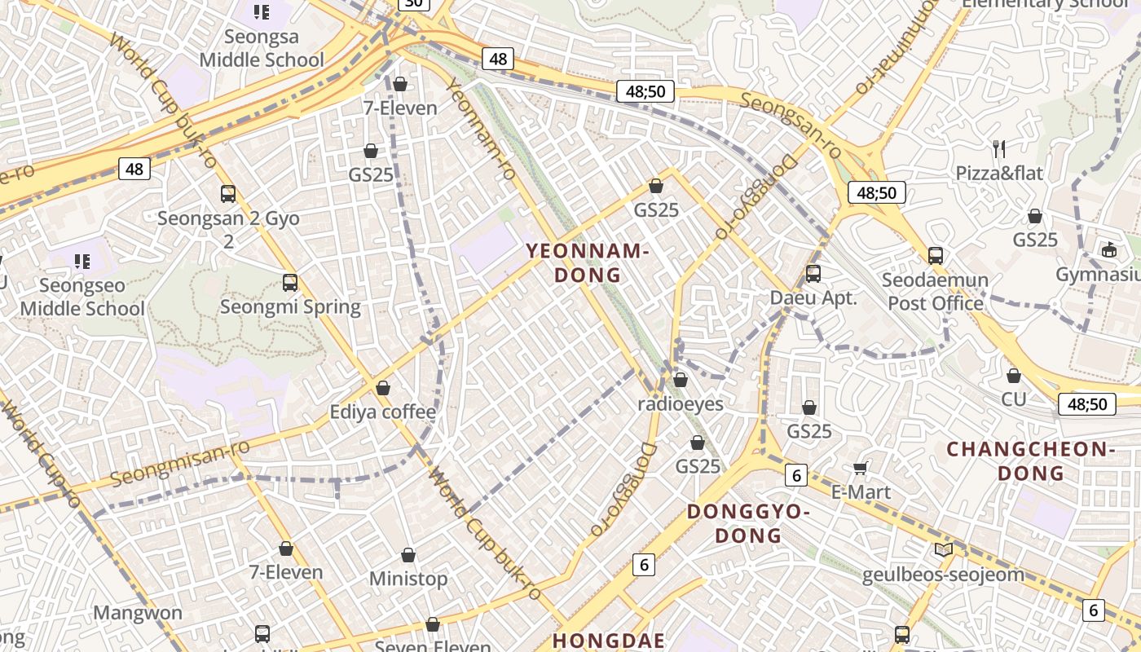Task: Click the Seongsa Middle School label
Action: [x=262, y=48]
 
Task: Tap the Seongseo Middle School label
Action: [x=82, y=297]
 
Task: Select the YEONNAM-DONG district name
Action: [x=588, y=262]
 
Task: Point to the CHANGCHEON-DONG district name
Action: [x=1030, y=460]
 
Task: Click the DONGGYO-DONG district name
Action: [x=748, y=523]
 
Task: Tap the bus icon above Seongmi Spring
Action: [x=290, y=283]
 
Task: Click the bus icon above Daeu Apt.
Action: [x=813, y=274]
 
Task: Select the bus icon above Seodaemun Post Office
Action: [x=936, y=255]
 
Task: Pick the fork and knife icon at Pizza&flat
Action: [x=999, y=148]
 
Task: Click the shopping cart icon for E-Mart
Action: [x=861, y=468]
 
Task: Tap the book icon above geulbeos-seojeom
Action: [x=944, y=550]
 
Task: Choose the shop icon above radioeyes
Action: [x=681, y=380]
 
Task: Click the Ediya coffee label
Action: [x=383, y=412]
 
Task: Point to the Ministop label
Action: [x=408, y=579]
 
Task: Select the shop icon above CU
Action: [x=1014, y=376]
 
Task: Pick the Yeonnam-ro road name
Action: [x=482, y=130]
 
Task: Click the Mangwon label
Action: [x=138, y=613]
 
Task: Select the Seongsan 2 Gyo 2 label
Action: [x=228, y=229]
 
